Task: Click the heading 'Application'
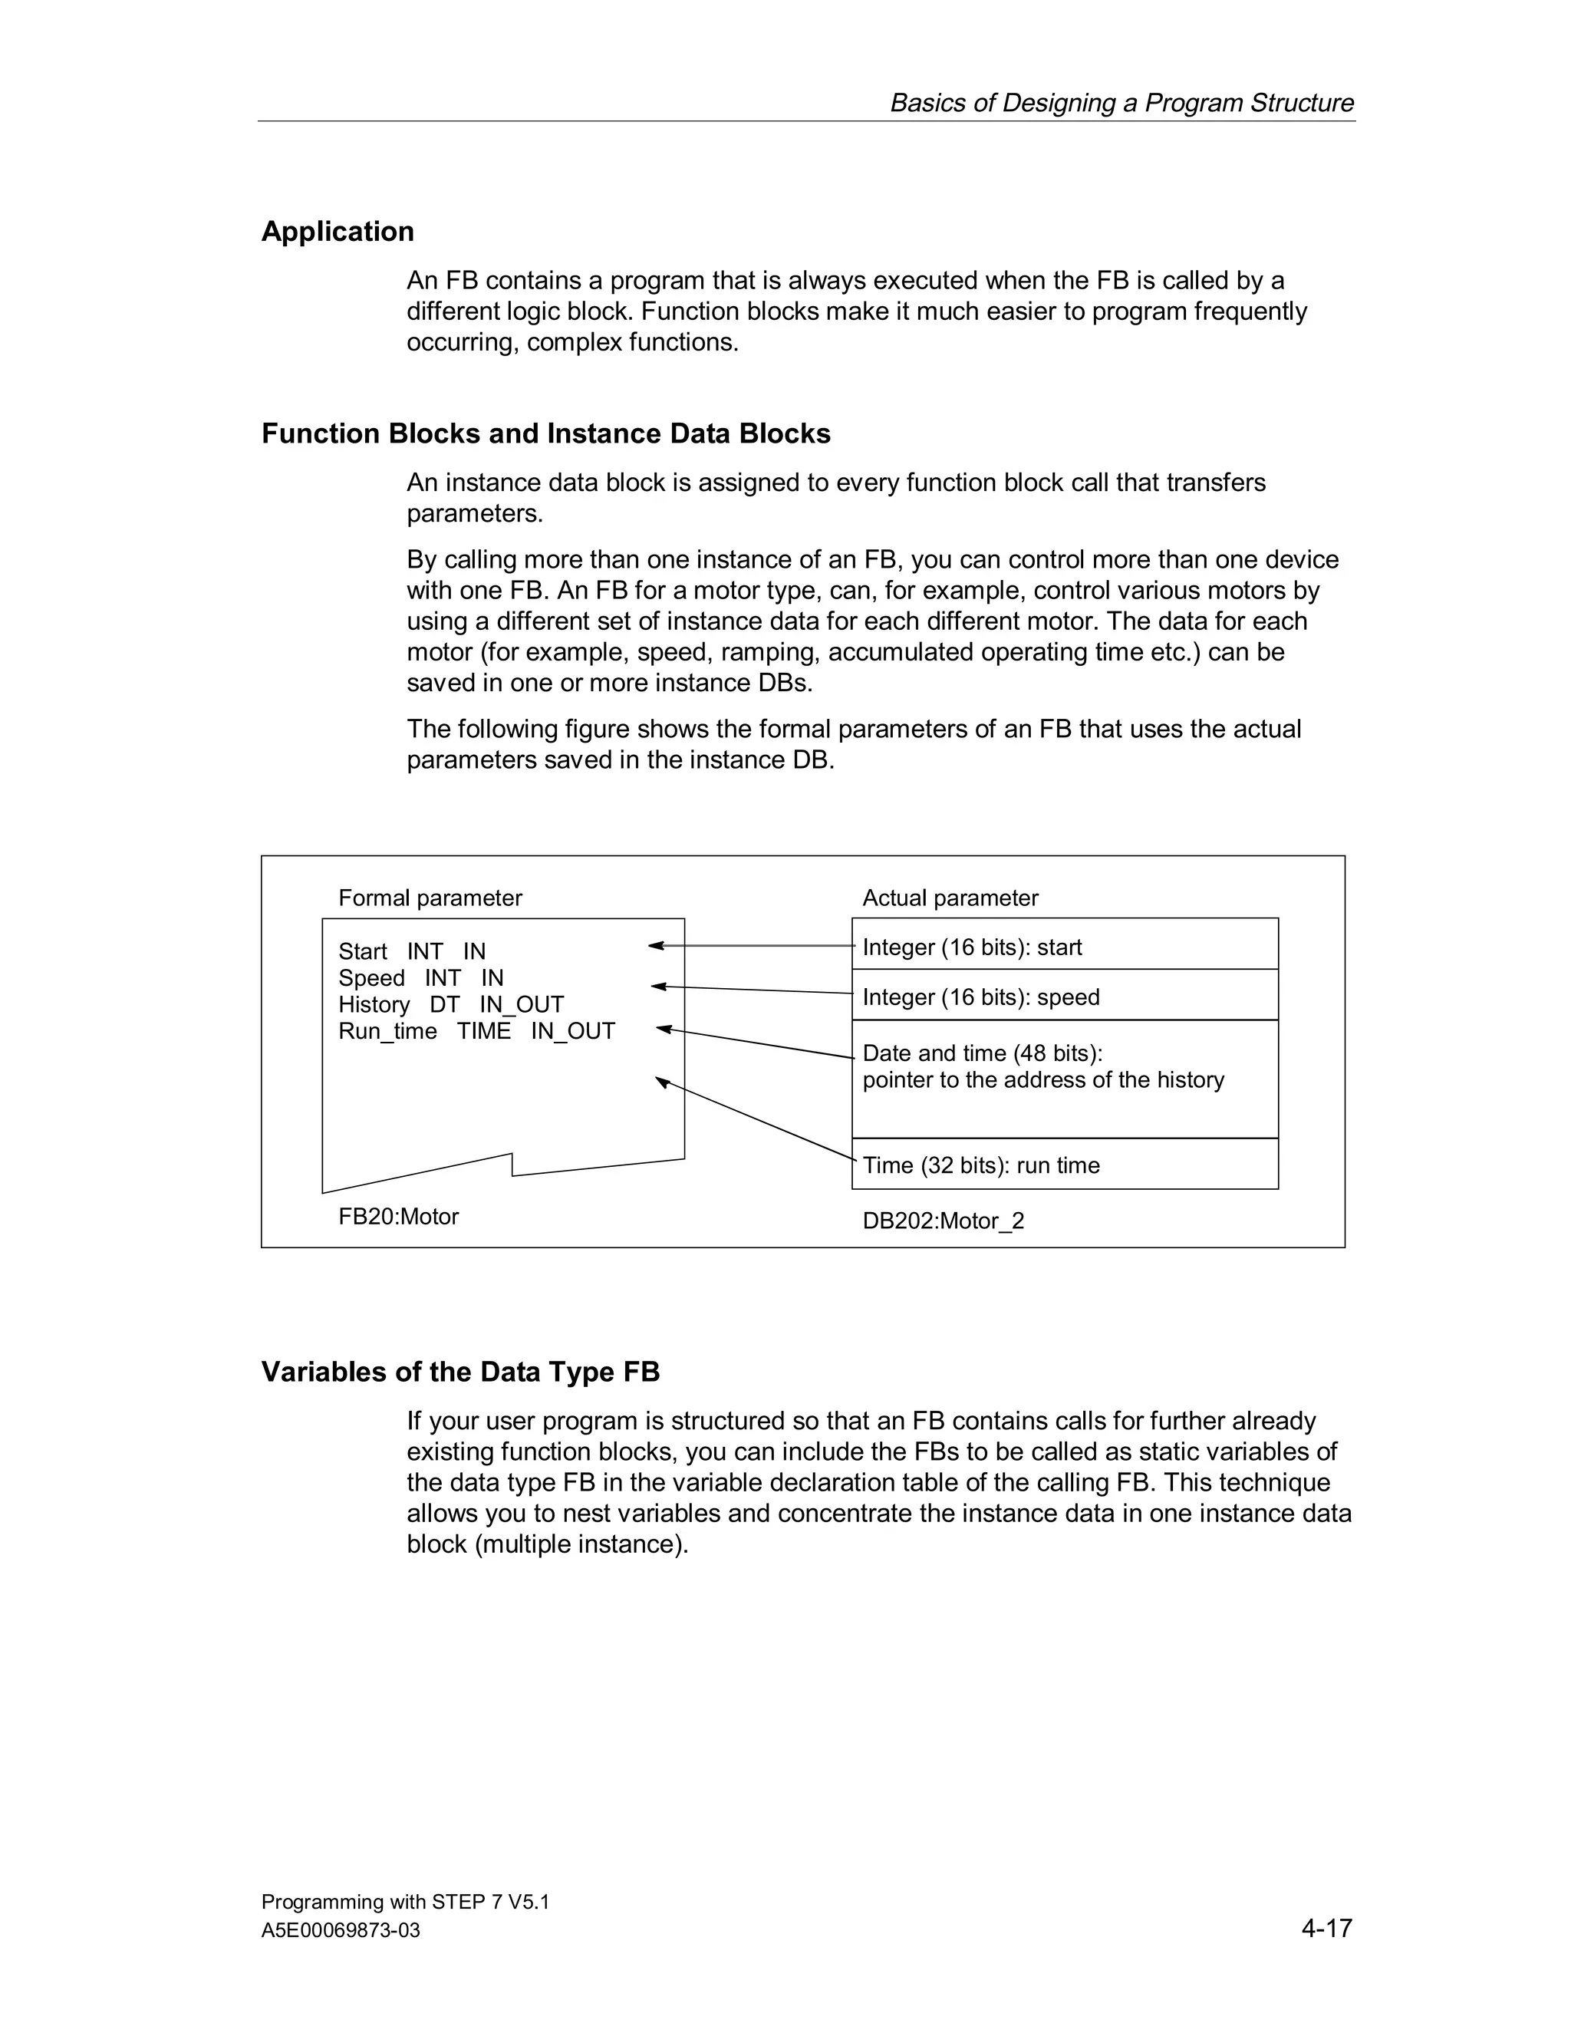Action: click(337, 232)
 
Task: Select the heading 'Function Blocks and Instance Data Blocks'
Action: click(545, 433)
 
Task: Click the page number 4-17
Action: click(1326, 1928)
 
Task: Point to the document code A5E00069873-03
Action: click(341, 1931)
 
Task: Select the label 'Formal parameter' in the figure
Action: click(430, 898)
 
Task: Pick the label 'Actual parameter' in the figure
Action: click(950, 898)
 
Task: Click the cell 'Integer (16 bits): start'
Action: click(972, 947)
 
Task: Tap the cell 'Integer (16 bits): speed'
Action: click(981, 998)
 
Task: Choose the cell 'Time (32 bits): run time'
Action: click(981, 1165)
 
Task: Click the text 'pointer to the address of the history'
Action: click(1042, 1080)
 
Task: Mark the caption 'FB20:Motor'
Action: click(398, 1217)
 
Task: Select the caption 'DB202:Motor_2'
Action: click(943, 1221)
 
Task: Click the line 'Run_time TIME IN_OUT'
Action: click(476, 1031)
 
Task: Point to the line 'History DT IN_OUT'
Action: click(451, 1005)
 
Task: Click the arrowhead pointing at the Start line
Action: click(655, 946)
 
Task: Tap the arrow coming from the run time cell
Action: click(754, 1118)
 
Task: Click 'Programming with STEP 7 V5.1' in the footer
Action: click(405, 1902)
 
